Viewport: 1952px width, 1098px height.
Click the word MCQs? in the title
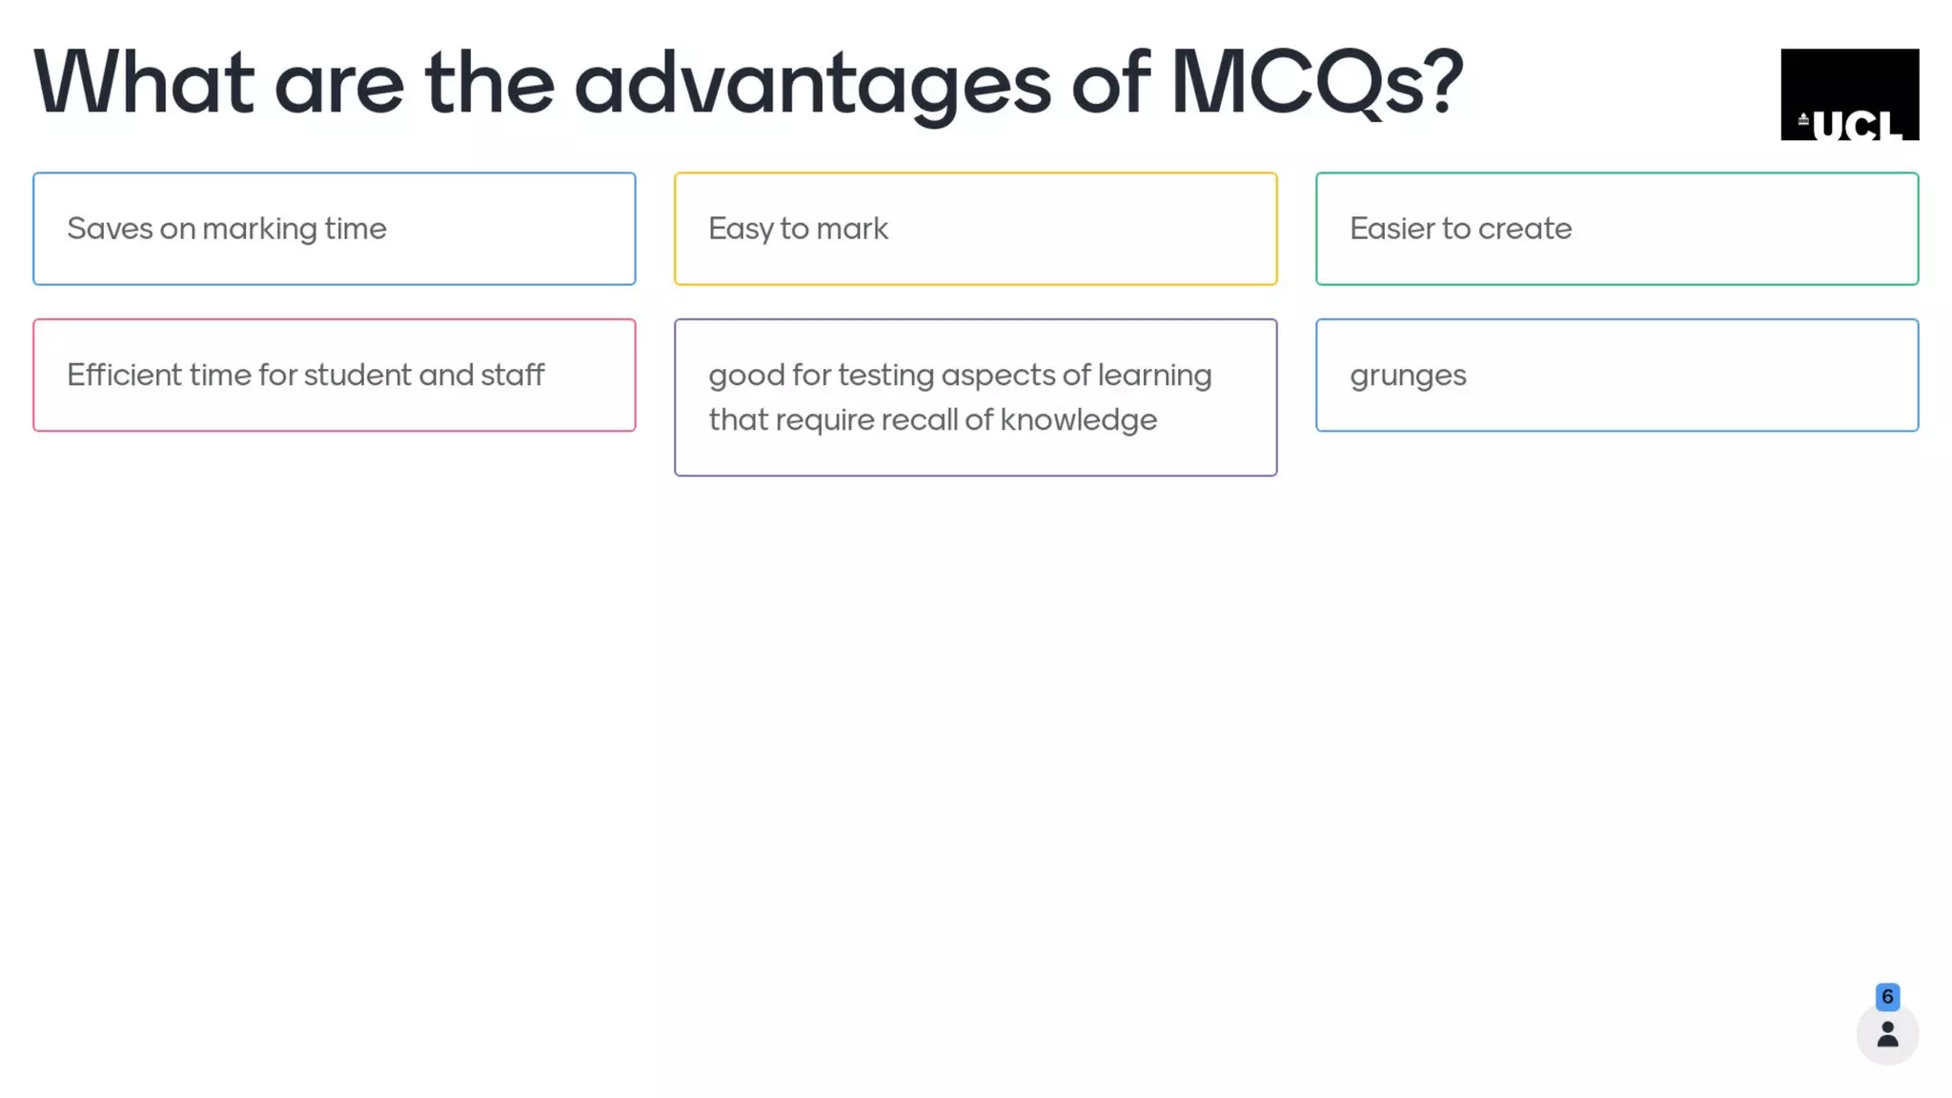(1316, 84)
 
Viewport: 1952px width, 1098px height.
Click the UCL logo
(1849, 94)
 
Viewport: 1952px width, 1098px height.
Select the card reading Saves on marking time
(334, 229)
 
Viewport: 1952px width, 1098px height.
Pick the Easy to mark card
(975, 229)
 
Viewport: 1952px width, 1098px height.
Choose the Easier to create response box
(1616, 229)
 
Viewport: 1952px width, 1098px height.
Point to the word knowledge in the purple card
(1078, 420)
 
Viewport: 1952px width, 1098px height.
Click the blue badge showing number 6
(1887, 997)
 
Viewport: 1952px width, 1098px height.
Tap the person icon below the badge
(1887, 1035)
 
